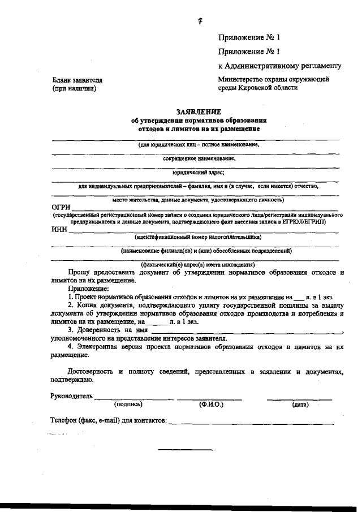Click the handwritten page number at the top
[200, 21]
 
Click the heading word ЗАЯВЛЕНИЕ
[199, 112]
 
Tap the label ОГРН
[61, 208]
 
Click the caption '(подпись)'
[128, 405]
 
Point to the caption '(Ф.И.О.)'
[212, 405]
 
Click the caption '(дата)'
[300, 405]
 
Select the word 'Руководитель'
[71, 395]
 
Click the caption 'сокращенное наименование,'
[199, 159]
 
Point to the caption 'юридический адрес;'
[199, 173]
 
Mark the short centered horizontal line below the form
[186, 450]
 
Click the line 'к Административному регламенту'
[279, 66]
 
